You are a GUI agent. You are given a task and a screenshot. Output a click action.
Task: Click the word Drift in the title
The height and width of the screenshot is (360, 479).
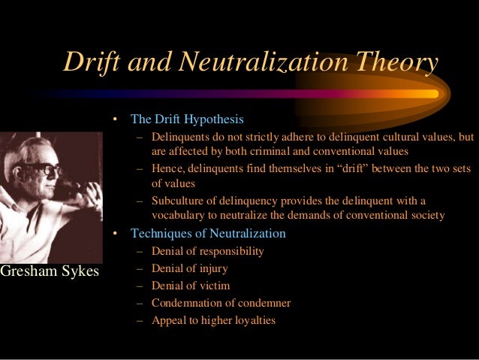[x=94, y=63]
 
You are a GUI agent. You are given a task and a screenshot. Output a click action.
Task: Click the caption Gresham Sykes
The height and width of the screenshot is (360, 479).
[x=50, y=271]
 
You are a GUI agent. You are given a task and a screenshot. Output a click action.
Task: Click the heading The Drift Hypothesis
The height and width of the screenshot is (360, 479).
[x=187, y=119]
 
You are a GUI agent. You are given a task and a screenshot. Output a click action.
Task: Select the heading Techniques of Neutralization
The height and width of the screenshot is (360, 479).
[x=208, y=233]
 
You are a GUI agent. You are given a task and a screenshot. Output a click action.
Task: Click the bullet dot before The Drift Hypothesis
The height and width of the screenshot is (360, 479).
[x=116, y=119]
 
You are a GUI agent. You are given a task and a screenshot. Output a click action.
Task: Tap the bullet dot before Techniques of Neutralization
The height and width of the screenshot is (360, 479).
[x=116, y=233]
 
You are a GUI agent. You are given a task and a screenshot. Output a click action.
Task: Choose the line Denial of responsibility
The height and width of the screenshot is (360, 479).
[x=207, y=251]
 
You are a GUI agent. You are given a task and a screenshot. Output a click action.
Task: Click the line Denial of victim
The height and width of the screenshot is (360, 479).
[x=191, y=286]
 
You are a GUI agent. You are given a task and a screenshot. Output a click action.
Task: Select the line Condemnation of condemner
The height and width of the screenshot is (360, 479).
[x=221, y=303]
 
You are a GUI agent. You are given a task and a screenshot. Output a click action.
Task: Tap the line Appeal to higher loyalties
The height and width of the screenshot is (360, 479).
[x=213, y=320]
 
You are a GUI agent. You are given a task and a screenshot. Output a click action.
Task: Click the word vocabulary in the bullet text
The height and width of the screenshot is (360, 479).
[x=182, y=215]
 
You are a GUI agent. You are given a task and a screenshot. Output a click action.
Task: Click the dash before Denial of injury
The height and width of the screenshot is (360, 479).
[x=140, y=268]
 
